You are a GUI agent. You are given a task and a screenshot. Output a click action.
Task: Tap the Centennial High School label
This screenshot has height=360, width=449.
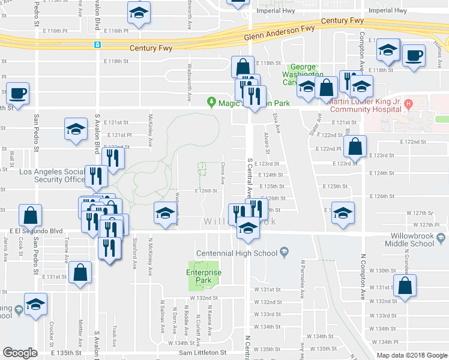pyautogui.click(x=236, y=253)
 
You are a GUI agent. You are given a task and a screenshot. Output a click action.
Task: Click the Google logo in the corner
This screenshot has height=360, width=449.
pyautogui.click(x=20, y=353)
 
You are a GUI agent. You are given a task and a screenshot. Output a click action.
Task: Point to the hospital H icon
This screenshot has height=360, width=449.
pyautogui.click(x=408, y=102)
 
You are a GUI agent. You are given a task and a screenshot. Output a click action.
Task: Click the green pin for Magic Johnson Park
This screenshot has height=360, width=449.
pyautogui.click(x=211, y=102)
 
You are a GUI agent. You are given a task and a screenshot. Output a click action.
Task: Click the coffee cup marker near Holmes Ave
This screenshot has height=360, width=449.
pyautogui.click(x=414, y=56)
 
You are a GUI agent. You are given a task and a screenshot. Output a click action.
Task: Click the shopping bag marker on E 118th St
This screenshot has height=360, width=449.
pyautogui.click(x=243, y=67)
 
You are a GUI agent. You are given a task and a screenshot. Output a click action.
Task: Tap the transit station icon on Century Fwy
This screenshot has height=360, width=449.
pyautogui.click(x=97, y=45)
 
